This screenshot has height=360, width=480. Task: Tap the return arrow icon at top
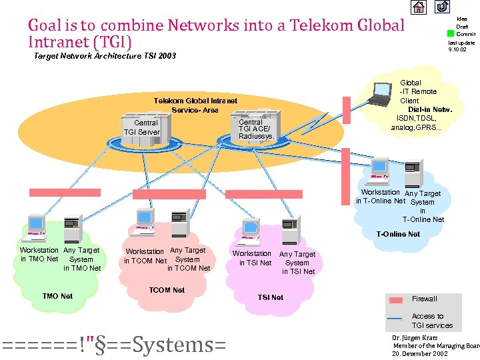(443, 7)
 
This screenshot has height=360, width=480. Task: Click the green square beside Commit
(451, 33)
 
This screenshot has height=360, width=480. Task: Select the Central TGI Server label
(146, 127)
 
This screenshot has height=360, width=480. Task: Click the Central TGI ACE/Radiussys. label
(256, 129)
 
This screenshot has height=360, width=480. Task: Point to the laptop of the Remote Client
(384, 94)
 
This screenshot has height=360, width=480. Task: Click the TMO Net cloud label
(57, 296)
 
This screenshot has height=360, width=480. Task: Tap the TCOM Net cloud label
(167, 290)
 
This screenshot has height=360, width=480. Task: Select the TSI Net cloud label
(271, 297)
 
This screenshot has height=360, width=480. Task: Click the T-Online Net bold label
(398, 234)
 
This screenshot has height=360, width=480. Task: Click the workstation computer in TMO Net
(35, 229)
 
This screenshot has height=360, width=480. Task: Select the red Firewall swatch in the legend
(395, 299)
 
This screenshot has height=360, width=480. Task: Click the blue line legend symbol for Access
(395, 319)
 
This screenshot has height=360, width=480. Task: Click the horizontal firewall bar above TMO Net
(65, 192)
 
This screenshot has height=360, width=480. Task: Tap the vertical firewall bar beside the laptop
(347, 110)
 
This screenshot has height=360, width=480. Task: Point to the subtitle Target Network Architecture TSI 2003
(105, 56)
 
